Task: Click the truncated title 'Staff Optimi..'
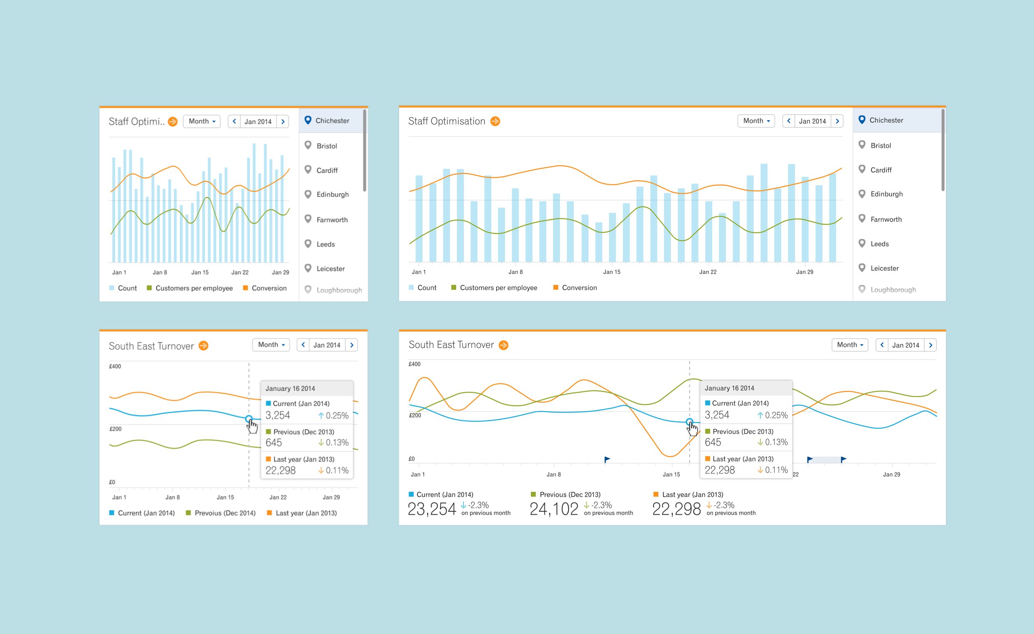(x=136, y=121)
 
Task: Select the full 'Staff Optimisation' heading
(x=447, y=121)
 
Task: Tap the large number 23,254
(x=432, y=509)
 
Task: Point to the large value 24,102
(x=554, y=509)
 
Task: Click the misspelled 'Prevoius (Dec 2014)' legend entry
(x=224, y=513)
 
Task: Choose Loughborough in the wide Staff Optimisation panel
(x=893, y=289)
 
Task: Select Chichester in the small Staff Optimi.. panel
(x=332, y=121)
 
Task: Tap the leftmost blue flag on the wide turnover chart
(x=607, y=459)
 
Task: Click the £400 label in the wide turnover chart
(x=414, y=364)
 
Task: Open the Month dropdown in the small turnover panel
(x=271, y=345)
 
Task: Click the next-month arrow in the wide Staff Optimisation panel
(x=837, y=121)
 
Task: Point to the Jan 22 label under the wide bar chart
(x=708, y=272)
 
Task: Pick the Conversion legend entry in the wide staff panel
(x=579, y=288)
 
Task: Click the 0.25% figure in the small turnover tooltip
(x=337, y=415)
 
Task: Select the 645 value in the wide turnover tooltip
(x=713, y=442)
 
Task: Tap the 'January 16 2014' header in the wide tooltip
(x=729, y=388)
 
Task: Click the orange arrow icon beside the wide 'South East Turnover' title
(x=504, y=345)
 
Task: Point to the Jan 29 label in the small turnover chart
(x=331, y=497)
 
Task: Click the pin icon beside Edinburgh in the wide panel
(x=862, y=194)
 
